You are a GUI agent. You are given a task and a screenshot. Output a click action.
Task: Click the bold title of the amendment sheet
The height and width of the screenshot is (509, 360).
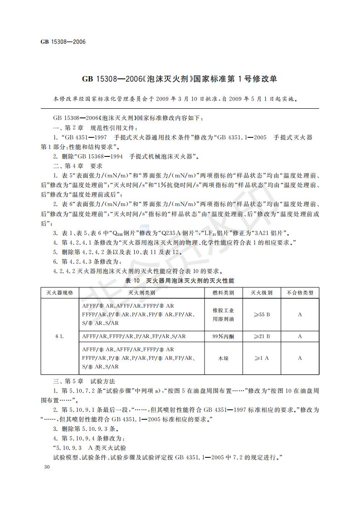click(x=180, y=79)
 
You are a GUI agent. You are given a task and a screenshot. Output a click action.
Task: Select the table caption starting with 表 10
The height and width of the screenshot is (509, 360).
click(x=180, y=281)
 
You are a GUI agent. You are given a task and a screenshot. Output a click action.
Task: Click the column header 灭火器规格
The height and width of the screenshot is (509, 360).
click(x=59, y=293)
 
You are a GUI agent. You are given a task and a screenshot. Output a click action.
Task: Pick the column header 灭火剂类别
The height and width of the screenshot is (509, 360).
click(x=141, y=293)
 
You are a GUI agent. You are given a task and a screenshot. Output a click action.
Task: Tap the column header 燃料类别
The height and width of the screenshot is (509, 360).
click(x=223, y=293)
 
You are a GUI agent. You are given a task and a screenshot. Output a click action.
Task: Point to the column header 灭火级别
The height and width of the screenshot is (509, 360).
click(x=262, y=293)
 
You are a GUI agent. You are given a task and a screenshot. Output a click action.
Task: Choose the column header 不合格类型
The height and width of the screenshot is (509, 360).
click(x=300, y=293)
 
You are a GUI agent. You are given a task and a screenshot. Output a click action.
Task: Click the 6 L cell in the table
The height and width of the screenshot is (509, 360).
click(x=59, y=336)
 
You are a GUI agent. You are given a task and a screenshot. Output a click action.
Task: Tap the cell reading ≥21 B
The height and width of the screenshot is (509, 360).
click(x=262, y=336)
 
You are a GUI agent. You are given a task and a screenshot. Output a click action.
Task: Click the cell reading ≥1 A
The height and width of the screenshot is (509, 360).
click(x=262, y=358)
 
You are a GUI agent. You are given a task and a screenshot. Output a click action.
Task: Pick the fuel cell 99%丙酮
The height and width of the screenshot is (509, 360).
click(x=223, y=336)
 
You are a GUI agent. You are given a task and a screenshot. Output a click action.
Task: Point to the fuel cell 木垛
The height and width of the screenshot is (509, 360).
click(x=223, y=358)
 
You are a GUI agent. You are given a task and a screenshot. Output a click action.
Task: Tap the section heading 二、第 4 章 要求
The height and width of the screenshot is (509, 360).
click(x=78, y=166)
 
